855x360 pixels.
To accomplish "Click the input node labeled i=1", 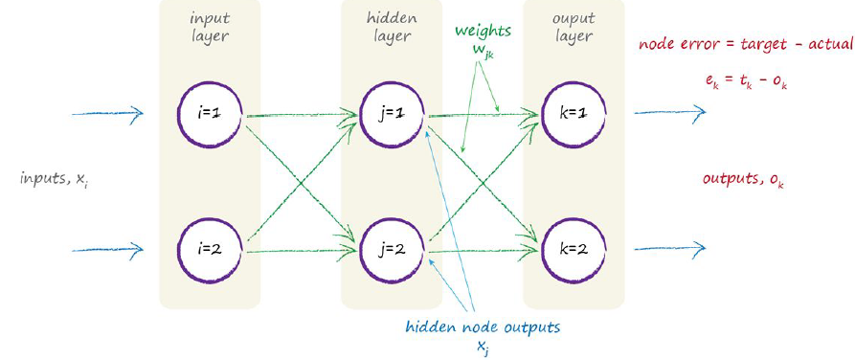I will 209,114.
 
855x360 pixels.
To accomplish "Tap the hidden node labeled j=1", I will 392,114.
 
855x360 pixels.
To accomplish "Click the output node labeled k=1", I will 573,114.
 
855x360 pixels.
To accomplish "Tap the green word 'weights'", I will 481,31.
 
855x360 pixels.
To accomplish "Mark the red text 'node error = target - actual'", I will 744,44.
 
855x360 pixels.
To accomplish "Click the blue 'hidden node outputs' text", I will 483,327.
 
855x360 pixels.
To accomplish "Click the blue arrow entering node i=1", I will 107,114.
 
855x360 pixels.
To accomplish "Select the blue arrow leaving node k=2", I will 670,250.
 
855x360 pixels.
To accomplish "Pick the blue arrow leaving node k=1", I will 670,114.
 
